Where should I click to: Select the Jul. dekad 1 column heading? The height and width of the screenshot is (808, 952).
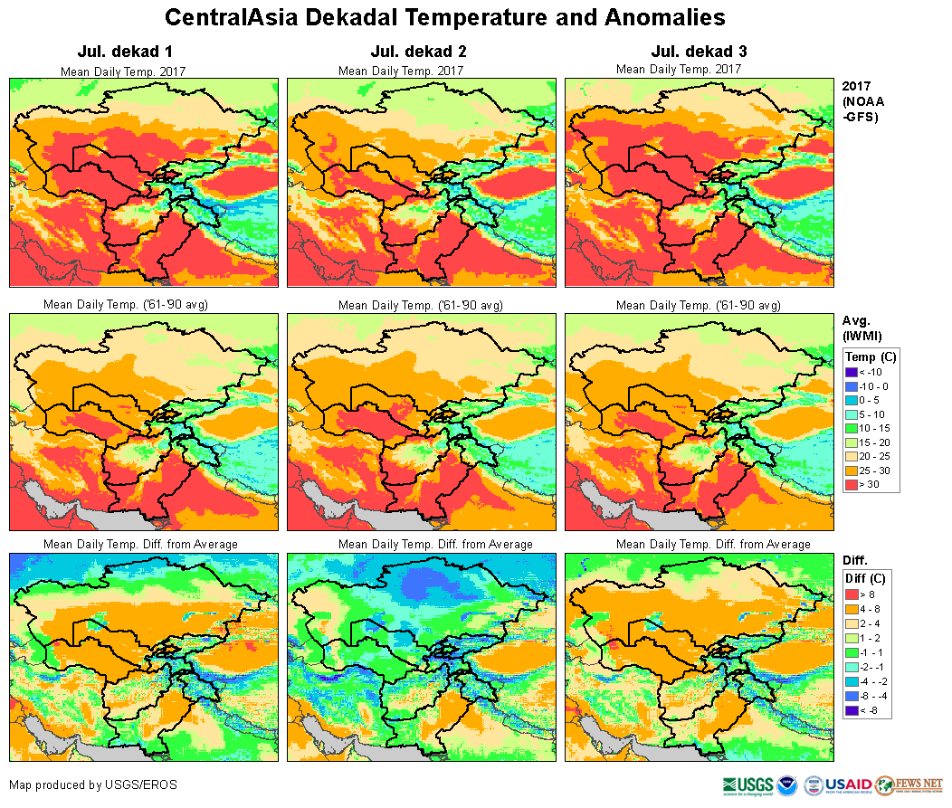click(123, 52)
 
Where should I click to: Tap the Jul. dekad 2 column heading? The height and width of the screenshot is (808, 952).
click(401, 52)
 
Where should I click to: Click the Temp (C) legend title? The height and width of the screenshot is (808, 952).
click(870, 356)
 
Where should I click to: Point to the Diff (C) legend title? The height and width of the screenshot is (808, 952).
click(865, 578)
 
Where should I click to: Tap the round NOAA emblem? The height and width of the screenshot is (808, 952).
click(787, 785)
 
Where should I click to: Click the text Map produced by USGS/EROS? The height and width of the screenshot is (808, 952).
click(93, 784)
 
